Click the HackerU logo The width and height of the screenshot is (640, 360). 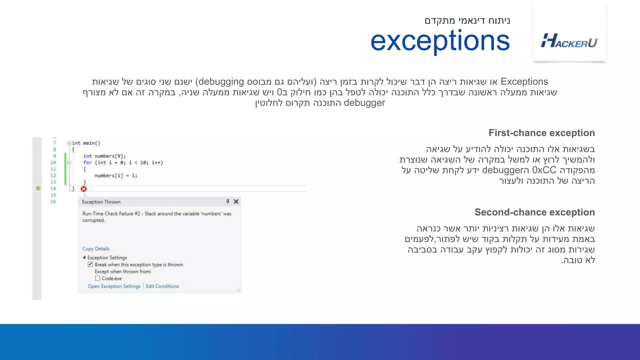569,41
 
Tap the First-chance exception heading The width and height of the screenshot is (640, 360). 542,133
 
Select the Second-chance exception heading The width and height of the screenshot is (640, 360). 534,212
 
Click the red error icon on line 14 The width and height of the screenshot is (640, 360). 84,189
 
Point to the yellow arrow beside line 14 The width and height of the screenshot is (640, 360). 38,188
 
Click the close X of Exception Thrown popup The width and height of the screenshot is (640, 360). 236,202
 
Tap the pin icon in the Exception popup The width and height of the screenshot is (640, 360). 228,202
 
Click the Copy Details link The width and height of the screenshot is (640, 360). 96,249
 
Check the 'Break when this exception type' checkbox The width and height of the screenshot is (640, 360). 90,264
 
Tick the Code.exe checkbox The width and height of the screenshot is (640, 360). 97,278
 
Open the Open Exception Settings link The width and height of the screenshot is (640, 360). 114,286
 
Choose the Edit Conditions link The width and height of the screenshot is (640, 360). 162,286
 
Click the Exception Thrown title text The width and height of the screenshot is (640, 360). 101,202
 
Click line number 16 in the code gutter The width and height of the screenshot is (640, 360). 53,202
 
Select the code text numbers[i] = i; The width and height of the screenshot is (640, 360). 116,176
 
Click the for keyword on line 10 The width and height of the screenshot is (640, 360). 87,162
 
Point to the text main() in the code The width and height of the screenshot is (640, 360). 92,143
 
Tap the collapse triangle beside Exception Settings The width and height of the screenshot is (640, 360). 84,257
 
